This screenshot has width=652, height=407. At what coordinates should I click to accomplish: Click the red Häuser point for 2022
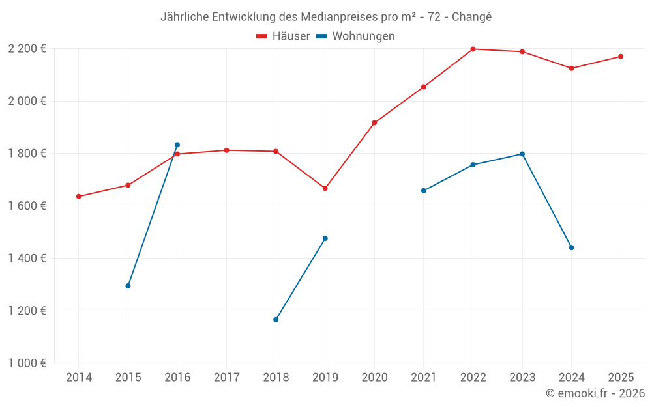(473, 49)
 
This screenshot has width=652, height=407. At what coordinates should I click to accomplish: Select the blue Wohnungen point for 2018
(276, 320)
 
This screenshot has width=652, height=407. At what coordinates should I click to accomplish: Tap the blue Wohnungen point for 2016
(177, 145)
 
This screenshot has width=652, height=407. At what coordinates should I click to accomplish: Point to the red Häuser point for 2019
(325, 188)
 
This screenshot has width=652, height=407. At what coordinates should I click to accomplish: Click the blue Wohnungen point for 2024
(572, 247)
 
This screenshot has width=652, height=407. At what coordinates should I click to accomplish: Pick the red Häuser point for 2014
(79, 196)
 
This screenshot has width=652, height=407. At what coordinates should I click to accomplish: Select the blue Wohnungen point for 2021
(424, 191)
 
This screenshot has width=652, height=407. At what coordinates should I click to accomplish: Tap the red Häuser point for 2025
(621, 57)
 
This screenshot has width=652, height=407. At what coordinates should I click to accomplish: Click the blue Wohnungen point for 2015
(128, 286)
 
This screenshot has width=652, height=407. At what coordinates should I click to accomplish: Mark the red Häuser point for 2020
(374, 122)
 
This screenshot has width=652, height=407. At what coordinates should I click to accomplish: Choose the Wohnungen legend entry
(356, 36)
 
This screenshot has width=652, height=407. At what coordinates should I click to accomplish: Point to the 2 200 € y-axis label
(27, 49)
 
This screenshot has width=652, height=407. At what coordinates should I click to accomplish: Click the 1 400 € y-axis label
(27, 259)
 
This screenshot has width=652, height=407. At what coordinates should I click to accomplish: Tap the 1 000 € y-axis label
(27, 363)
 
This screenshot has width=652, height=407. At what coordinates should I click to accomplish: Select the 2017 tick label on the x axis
(226, 377)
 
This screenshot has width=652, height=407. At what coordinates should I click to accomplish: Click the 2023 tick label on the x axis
(522, 377)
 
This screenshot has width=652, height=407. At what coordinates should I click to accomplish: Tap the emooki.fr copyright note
(595, 393)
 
